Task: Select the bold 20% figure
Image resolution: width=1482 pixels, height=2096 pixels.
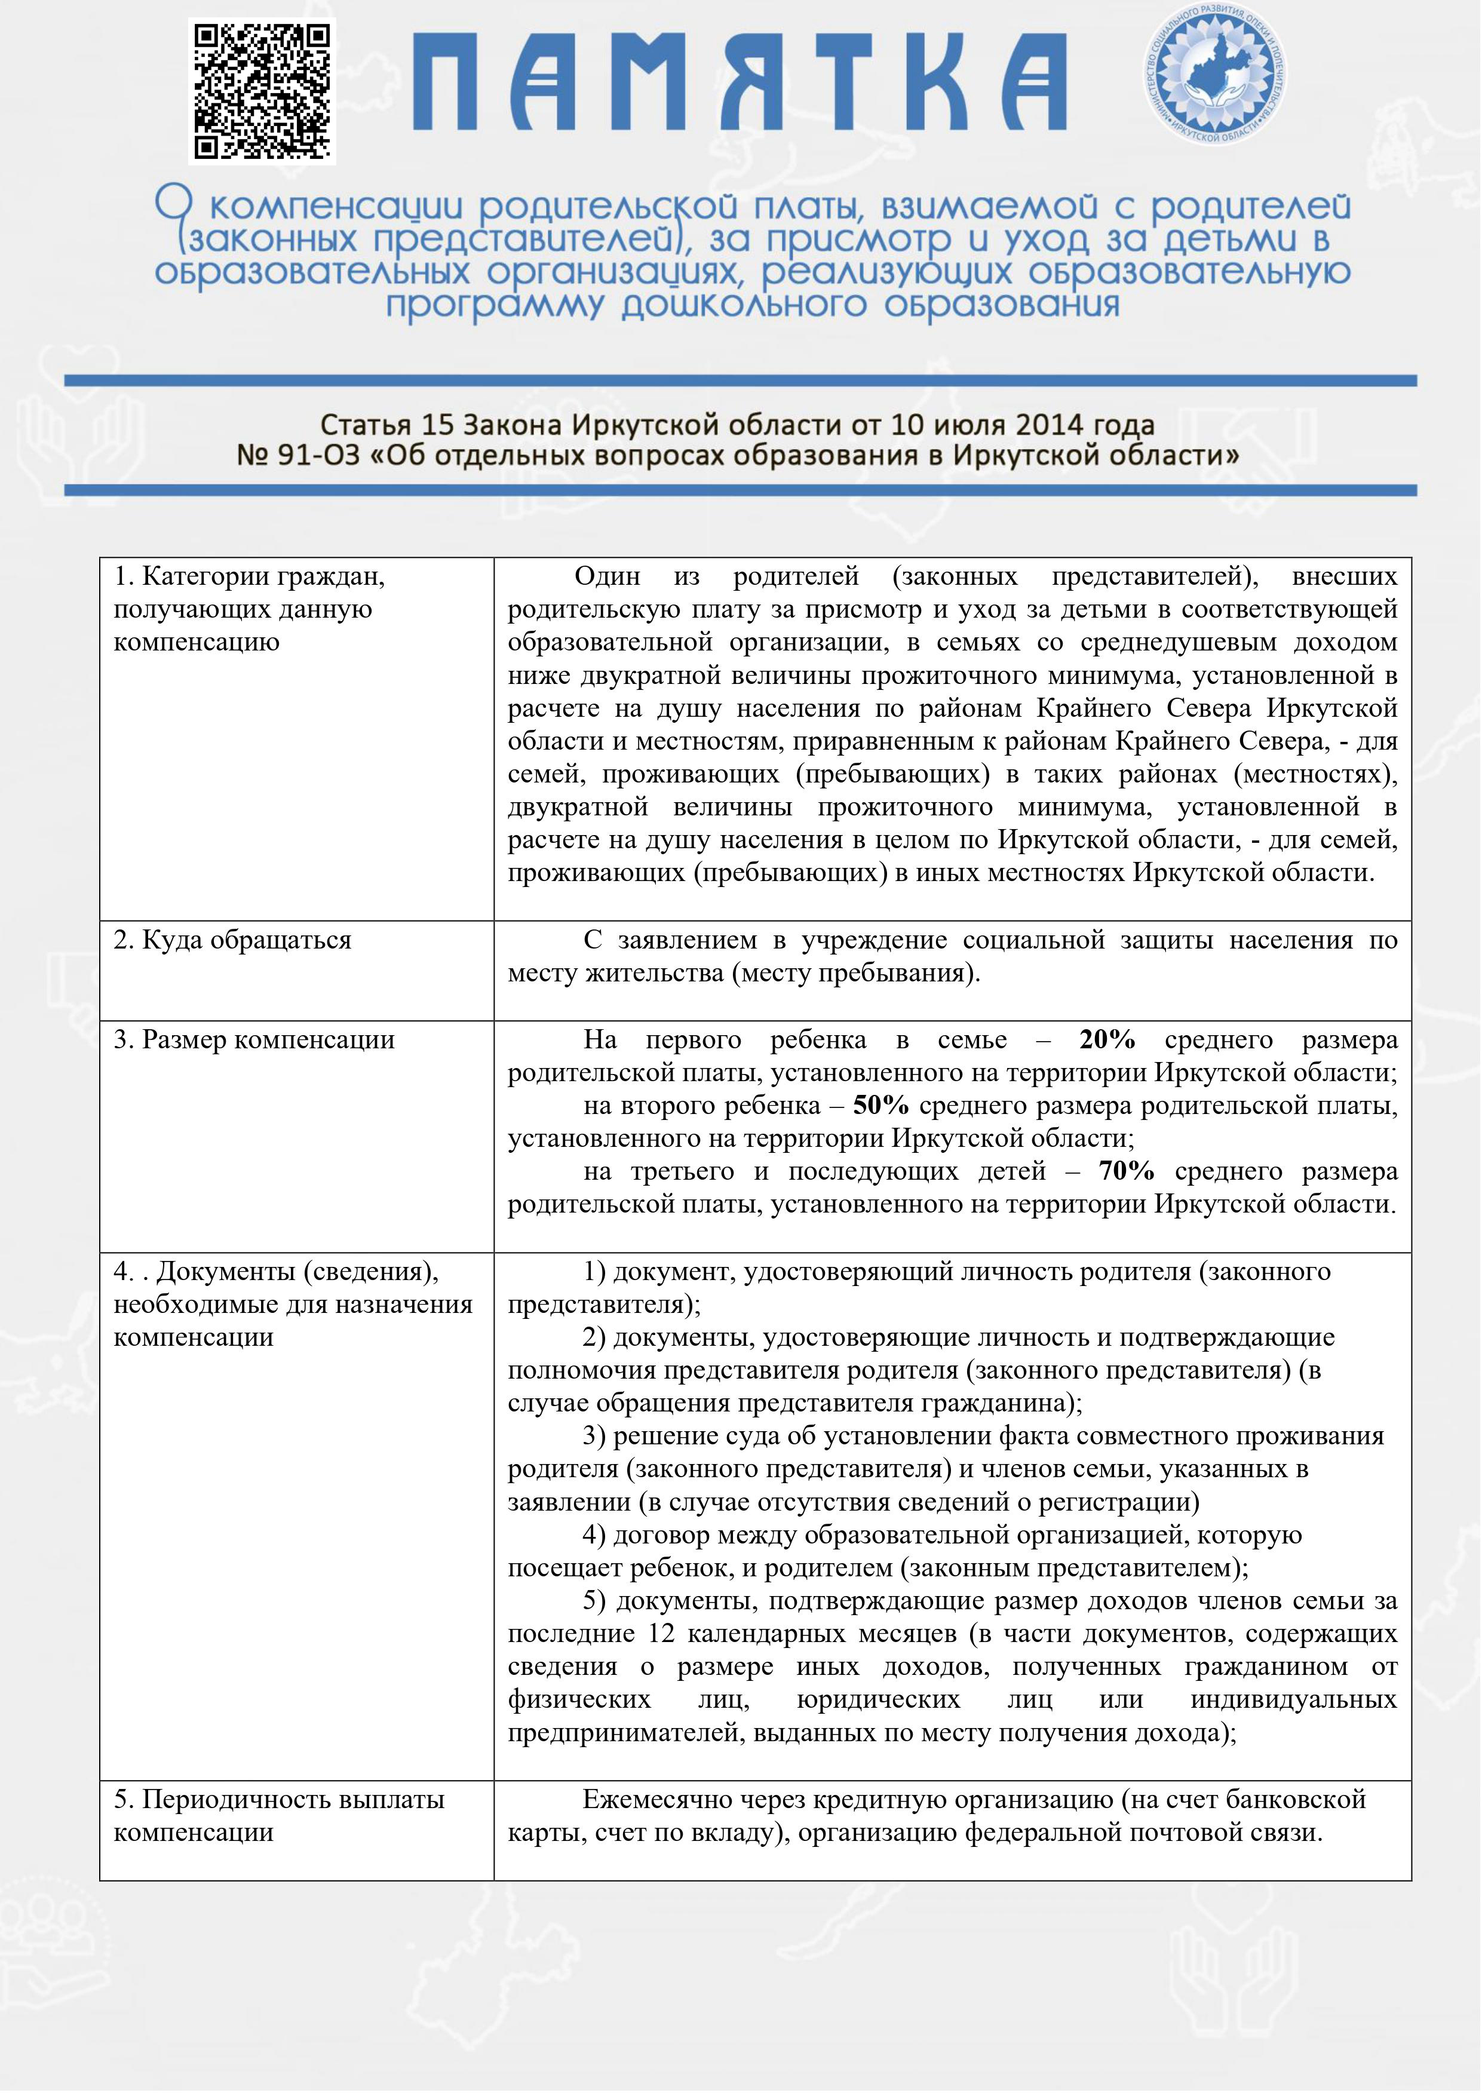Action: [1107, 1040]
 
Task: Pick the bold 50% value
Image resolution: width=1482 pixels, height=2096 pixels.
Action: [880, 1106]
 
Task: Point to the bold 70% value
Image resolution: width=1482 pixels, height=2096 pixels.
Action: [1126, 1171]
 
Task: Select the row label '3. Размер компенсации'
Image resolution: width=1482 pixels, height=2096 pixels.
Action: [254, 1040]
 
